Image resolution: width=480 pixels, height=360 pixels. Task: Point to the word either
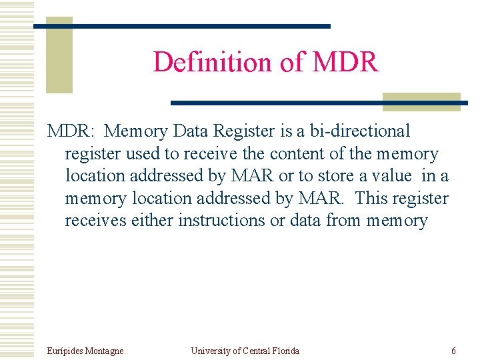coord(153,220)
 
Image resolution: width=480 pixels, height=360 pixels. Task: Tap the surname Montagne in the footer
coord(103,351)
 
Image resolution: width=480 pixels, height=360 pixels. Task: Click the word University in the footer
coord(210,351)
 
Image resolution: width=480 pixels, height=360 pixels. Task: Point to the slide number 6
coord(453,351)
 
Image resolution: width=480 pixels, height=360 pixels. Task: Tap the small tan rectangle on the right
coord(421,101)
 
